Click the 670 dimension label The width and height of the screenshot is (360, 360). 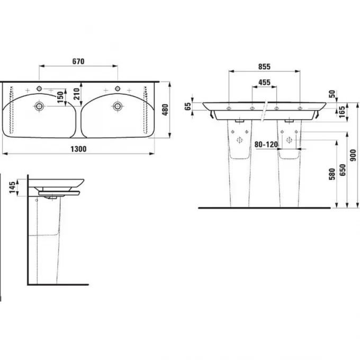tap(78, 61)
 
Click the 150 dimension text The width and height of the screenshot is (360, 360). tap(60, 96)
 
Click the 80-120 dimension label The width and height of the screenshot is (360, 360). tap(265, 143)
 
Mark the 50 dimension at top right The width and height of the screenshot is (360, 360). tap(332, 94)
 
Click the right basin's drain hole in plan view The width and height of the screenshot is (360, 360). tap(117, 106)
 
